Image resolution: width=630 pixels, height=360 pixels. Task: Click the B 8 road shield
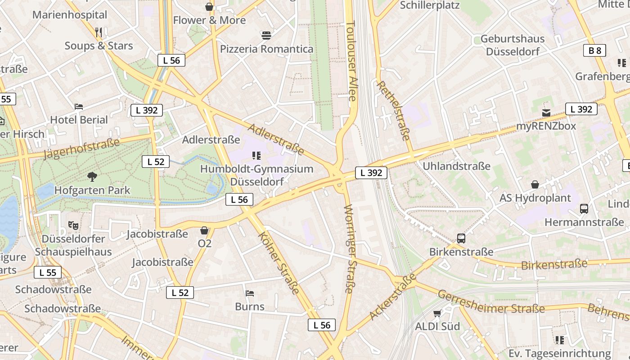pyautogui.click(x=595, y=50)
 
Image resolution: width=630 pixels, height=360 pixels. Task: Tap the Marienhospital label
pyautogui.click(x=70, y=14)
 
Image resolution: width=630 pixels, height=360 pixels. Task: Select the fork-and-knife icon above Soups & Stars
pyautogui.click(x=99, y=32)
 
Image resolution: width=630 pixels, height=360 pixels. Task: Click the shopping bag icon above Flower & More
pyautogui.click(x=209, y=7)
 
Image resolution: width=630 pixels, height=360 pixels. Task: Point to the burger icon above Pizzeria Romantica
pyautogui.click(x=266, y=35)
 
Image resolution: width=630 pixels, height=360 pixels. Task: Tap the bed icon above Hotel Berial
pyautogui.click(x=79, y=107)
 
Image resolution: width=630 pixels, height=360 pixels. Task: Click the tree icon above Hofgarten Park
pyautogui.click(x=92, y=176)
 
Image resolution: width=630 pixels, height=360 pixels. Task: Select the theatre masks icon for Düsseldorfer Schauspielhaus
pyautogui.click(x=73, y=225)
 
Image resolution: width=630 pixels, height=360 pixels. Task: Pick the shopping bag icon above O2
pyautogui.click(x=204, y=230)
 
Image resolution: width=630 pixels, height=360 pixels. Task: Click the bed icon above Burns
pyautogui.click(x=250, y=293)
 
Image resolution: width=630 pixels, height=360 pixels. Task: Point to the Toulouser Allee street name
pyautogui.click(x=351, y=61)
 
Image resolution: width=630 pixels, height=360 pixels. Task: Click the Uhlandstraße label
pyautogui.click(x=456, y=166)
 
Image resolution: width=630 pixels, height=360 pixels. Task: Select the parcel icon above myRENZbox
pyautogui.click(x=546, y=112)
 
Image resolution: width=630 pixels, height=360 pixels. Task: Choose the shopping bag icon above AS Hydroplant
pyautogui.click(x=535, y=184)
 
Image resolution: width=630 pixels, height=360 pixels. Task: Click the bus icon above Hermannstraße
pyautogui.click(x=584, y=209)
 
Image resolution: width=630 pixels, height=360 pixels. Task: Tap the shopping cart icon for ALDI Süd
pyautogui.click(x=437, y=313)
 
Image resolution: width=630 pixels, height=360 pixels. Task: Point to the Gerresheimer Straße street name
pyautogui.click(x=491, y=302)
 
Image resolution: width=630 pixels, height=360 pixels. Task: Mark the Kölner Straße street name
pyautogui.click(x=279, y=263)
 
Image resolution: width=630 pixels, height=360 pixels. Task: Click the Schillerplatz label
pyautogui.click(x=430, y=5)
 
